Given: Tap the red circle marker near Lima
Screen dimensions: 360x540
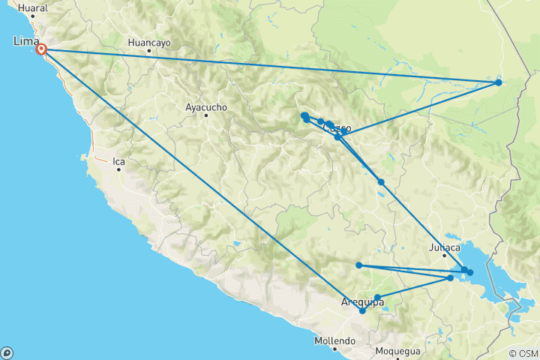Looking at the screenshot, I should coord(42,49).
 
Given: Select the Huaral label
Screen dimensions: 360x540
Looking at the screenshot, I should coord(32,8).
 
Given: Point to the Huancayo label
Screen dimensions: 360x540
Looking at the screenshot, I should coord(150,43).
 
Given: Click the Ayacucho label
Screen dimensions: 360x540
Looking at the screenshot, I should coord(205,107).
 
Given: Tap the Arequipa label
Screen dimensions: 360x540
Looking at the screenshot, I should coord(363,301).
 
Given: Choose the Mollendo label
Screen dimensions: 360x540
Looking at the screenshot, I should coord(334,340).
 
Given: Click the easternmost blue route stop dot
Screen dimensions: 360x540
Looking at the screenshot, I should coord(499,82).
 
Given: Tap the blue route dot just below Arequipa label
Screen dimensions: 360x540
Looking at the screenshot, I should coord(363,310).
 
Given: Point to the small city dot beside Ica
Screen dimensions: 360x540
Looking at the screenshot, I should coord(118,169).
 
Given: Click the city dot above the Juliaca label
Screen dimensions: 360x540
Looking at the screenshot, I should coord(444,255).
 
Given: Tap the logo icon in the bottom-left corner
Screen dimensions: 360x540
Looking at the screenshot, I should coord(7,352).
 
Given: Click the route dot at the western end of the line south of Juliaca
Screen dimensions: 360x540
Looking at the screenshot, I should coord(359,265).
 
